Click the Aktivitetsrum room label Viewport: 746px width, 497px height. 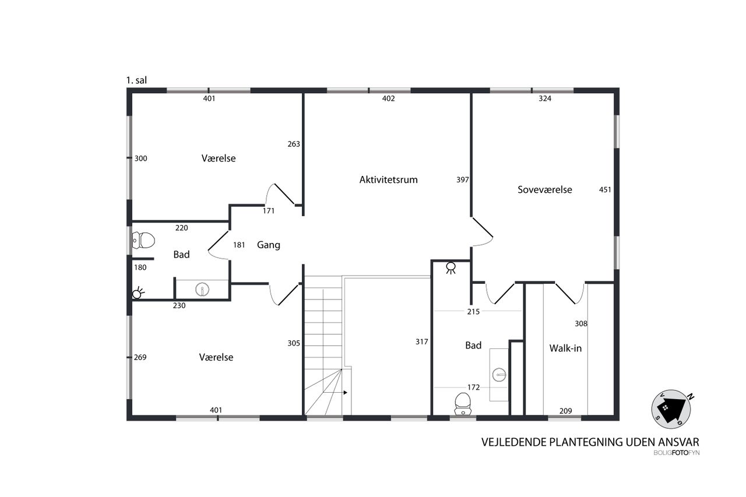[388, 180]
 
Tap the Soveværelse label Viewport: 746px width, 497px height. [545, 190]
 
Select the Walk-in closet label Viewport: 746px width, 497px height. [565, 348]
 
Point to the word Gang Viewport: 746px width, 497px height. [269, 245]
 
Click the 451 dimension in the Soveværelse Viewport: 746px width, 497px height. [605, 190]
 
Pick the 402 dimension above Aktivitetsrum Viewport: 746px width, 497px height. [388, 98]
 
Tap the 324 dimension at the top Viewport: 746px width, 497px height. [545, 98]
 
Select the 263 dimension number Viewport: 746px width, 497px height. [294, 144]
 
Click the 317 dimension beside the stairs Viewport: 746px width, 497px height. [421, 342]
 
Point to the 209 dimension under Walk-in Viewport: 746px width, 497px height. [565, 411]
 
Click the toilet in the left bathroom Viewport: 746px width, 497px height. [143, 241]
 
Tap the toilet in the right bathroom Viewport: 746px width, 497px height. [463, 404]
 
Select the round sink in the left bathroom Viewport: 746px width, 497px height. [202, 289]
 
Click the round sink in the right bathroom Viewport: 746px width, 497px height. [499, 375]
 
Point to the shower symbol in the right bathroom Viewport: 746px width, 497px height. [451, 268]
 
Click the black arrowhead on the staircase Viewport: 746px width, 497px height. [346, 393]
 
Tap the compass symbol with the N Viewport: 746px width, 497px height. [671, 410]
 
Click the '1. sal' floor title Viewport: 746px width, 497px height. [136, 80]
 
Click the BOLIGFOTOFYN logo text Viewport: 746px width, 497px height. [677, 453]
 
